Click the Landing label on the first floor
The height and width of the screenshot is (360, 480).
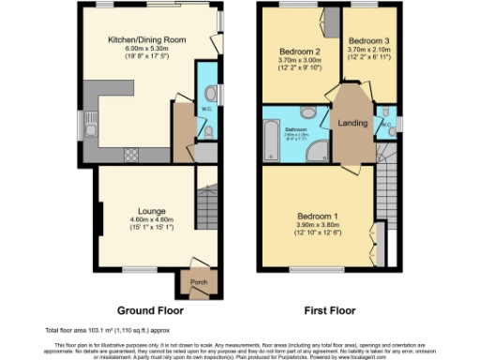tap(352, 123)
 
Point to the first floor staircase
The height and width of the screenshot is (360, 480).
tap(384, 168)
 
